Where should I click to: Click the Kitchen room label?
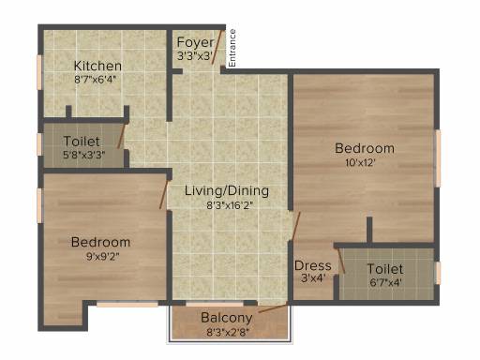[97, 66]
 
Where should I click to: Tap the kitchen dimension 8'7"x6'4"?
[95, 79]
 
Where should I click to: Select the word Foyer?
[195, 42]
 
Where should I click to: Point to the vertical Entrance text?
[232, 48]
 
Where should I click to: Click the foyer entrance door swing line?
[217, 47]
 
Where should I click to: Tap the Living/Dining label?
[227, 190]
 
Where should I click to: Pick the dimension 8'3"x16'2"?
[230, 205]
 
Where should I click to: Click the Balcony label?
[227, 318]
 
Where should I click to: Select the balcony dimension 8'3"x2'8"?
[228, 332]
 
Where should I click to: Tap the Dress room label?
[313, 265]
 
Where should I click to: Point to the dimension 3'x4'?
[313, 277]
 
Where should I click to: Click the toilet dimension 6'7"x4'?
[385, 282]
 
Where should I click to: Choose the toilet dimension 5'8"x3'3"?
[84, 155]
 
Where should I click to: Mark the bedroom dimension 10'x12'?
[360, 162]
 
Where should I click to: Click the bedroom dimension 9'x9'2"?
[102, 257]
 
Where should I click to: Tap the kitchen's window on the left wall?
[39, 72]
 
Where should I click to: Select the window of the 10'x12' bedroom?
[439, 158]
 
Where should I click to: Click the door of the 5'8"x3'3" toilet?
[121, 136]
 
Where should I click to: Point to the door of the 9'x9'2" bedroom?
[163, 194]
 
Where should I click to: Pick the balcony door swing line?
[273, 307]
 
